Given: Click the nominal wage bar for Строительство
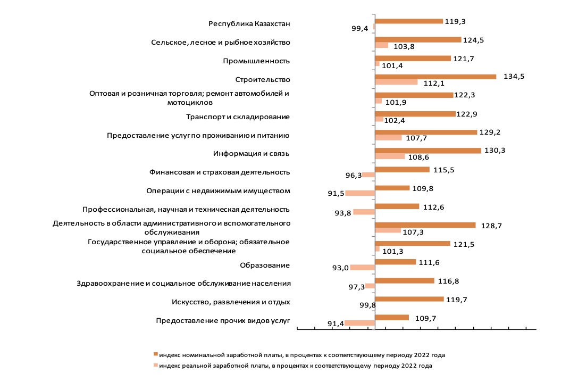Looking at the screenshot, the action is pyautogui.click(x=435, y=77).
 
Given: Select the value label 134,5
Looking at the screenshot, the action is pyautogui.click(x=514, y=77).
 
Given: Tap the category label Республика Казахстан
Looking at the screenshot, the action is pyautogui.click(x=249, y=24).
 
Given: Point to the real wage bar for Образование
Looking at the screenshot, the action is pyautogui.click(x=363, y=268).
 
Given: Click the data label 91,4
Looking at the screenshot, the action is pyautogui.click(x=336, y=324).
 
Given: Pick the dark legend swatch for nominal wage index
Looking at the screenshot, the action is pyautogui.click(x=156, y=354).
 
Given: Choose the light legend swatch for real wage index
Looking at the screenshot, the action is pyautogui.click(x=156, y=366).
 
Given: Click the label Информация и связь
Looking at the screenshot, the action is pyautogui.click(x=251, y=154).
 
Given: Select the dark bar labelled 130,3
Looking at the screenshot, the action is pyautogui.click(x=428, y=151).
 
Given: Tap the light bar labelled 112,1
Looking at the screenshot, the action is pyautogui.click(x=396, y=82).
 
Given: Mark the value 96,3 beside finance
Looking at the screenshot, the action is pyautogui.click(x=354, y=176).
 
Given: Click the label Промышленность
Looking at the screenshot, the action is pyautogui.click(x=256, y=61).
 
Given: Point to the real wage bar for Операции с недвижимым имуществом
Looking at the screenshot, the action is pyautogui.click(x=360, y=193).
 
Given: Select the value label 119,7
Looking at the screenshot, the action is pyautogui.click(x=457, y=300).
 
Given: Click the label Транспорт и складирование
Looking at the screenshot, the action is pyautogui.click(x=238, y=117).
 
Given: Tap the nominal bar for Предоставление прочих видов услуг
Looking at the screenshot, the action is pyautogui.click(x=392, y=318).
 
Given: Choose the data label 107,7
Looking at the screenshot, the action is pyautogui.click(x=416, y=138).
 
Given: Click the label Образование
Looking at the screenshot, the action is pyautogui.click(x=265, y=265).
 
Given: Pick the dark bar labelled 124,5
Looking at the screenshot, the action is pyautogui.click(x=418, y=40).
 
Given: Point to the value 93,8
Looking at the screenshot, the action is pyautogui.click(x=343, y=213).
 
